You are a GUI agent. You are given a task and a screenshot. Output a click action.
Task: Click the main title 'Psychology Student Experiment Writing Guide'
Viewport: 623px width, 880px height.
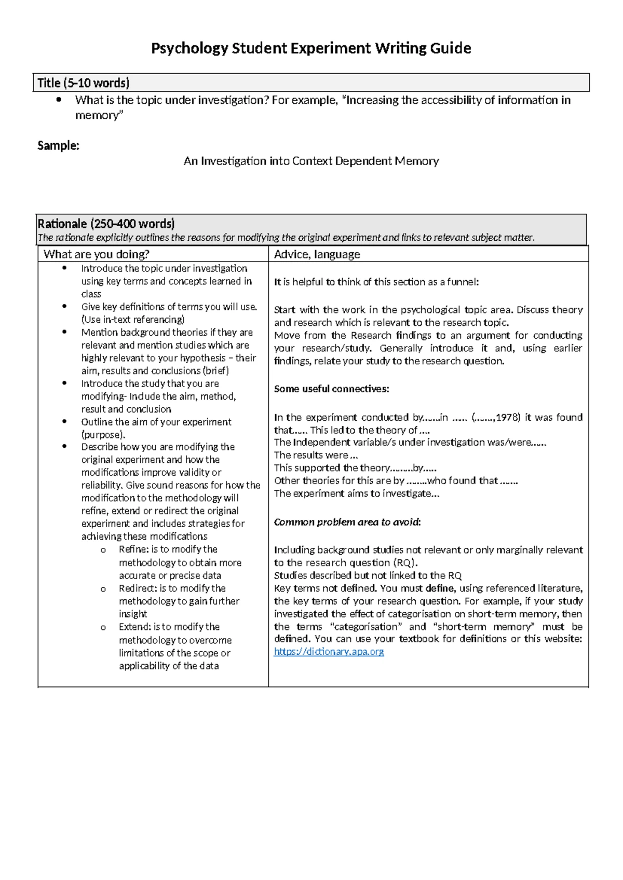[x=311, y=48]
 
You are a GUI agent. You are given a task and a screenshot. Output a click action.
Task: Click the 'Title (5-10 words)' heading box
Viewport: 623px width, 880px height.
[x=83, y=83]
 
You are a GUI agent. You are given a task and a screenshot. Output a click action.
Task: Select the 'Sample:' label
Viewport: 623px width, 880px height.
[x=58, y=146]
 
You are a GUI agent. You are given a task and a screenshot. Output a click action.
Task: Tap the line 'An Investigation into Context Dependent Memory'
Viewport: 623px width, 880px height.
[x=311, y=161]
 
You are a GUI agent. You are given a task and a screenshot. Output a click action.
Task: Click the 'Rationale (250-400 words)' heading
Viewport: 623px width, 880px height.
[x=106, y=224]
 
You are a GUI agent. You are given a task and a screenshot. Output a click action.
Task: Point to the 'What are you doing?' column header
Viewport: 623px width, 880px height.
[x=97, y=254]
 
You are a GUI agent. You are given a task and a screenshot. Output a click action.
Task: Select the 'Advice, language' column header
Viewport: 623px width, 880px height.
[x=317, y=254]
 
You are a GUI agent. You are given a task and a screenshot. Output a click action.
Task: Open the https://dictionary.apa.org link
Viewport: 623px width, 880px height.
[x=329, y=652]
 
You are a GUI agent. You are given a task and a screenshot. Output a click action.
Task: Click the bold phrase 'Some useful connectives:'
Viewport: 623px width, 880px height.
[x=331, y=389]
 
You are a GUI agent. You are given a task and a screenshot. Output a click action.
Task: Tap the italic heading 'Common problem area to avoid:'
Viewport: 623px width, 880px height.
[x=347, y=522]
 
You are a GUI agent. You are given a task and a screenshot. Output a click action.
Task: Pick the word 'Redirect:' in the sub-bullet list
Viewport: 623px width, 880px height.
[x=138, y=588]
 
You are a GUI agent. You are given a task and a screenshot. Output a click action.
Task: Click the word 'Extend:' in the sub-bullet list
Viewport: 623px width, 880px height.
[x=134, y=627]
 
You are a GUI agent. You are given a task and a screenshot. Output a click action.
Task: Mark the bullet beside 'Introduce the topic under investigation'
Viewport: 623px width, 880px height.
[x=64, y=268]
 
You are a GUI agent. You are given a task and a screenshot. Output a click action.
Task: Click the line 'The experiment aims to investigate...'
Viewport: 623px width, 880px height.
[x=357, y=493]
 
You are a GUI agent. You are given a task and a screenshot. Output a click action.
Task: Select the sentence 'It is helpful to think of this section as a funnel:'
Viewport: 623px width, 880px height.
[x=376, y=282]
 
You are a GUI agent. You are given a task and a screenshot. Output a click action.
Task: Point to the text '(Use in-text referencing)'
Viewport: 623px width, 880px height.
[x=132, y=320]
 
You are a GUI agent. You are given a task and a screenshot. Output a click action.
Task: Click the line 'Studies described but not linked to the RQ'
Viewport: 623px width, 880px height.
[x=368, y=575]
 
